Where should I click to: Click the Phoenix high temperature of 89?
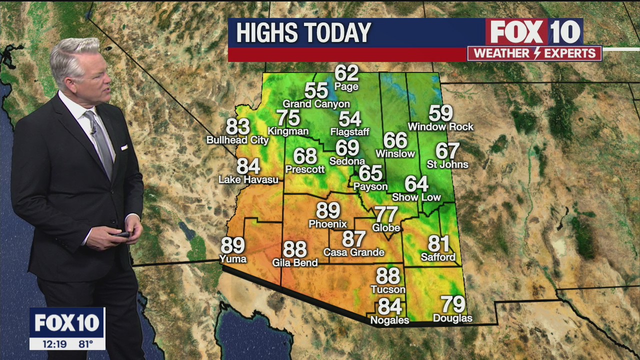328,210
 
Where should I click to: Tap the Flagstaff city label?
350,132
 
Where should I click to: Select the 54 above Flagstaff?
350,119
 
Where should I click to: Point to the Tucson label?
388,289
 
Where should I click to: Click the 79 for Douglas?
452,304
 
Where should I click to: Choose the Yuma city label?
233,259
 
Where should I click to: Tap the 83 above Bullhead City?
238,126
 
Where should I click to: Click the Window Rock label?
440,127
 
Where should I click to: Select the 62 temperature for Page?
346,73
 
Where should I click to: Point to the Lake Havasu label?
248,179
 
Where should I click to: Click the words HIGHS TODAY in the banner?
303,33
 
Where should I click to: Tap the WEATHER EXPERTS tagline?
534,53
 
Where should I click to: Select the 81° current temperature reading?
86,344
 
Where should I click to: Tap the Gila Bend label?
295,262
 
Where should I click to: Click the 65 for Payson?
370,173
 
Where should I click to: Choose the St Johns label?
447,164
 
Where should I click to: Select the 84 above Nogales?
390,305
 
